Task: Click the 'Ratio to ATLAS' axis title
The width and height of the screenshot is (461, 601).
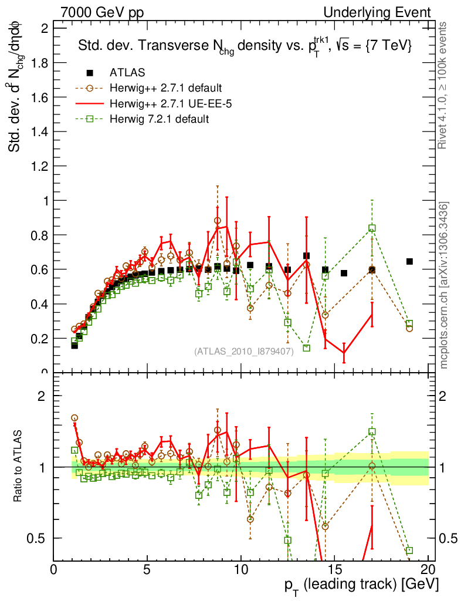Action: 18,465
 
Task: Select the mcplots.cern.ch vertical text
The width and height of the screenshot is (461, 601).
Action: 444,285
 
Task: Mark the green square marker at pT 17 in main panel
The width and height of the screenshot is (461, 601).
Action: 372,228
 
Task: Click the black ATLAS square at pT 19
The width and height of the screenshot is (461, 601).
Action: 409,261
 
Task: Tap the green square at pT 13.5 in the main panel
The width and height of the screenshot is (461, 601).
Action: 306,348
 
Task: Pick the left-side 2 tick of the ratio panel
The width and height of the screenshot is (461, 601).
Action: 42,396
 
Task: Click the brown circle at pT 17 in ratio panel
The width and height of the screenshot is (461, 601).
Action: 372,465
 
